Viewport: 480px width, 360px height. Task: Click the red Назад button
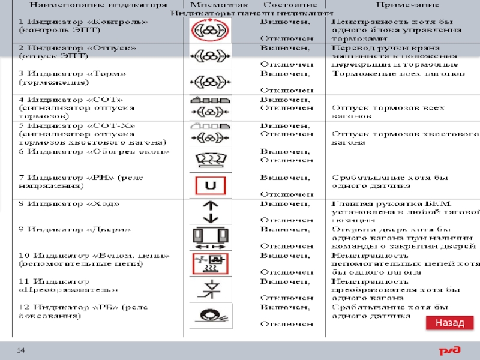[449, 323]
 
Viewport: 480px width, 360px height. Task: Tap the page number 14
[20, 350]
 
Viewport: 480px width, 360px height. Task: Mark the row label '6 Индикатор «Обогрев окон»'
[94, 152]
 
